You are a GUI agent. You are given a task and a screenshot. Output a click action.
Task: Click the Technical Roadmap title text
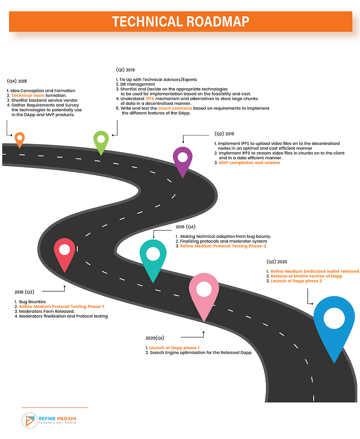[180, 22]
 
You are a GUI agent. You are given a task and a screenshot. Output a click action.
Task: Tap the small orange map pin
[20, 140]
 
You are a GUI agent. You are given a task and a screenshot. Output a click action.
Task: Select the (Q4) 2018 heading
[17, 81]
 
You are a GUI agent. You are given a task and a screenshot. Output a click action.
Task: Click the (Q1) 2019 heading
[125, 70]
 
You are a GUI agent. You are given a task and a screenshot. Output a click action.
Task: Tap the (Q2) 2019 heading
[225, 134]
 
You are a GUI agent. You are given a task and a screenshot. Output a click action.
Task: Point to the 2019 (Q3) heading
[24, 292]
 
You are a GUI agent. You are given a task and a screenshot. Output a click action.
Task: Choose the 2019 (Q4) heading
[185, 227]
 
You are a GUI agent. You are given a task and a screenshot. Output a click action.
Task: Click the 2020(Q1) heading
[155, 338]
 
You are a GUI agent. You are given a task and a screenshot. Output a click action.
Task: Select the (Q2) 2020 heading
[277, 262]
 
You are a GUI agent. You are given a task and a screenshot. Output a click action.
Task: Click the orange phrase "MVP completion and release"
[249, 163]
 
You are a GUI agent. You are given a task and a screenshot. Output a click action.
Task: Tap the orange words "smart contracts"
[175, 109]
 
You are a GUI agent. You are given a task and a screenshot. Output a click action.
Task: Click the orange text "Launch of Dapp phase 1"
[174, 348]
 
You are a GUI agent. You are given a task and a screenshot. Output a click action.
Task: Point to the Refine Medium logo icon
[29, 421]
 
